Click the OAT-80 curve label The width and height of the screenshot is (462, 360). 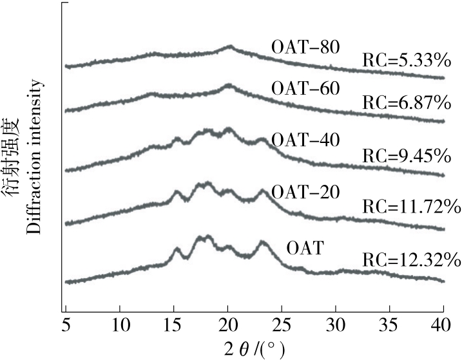click(x=305, y=47)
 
